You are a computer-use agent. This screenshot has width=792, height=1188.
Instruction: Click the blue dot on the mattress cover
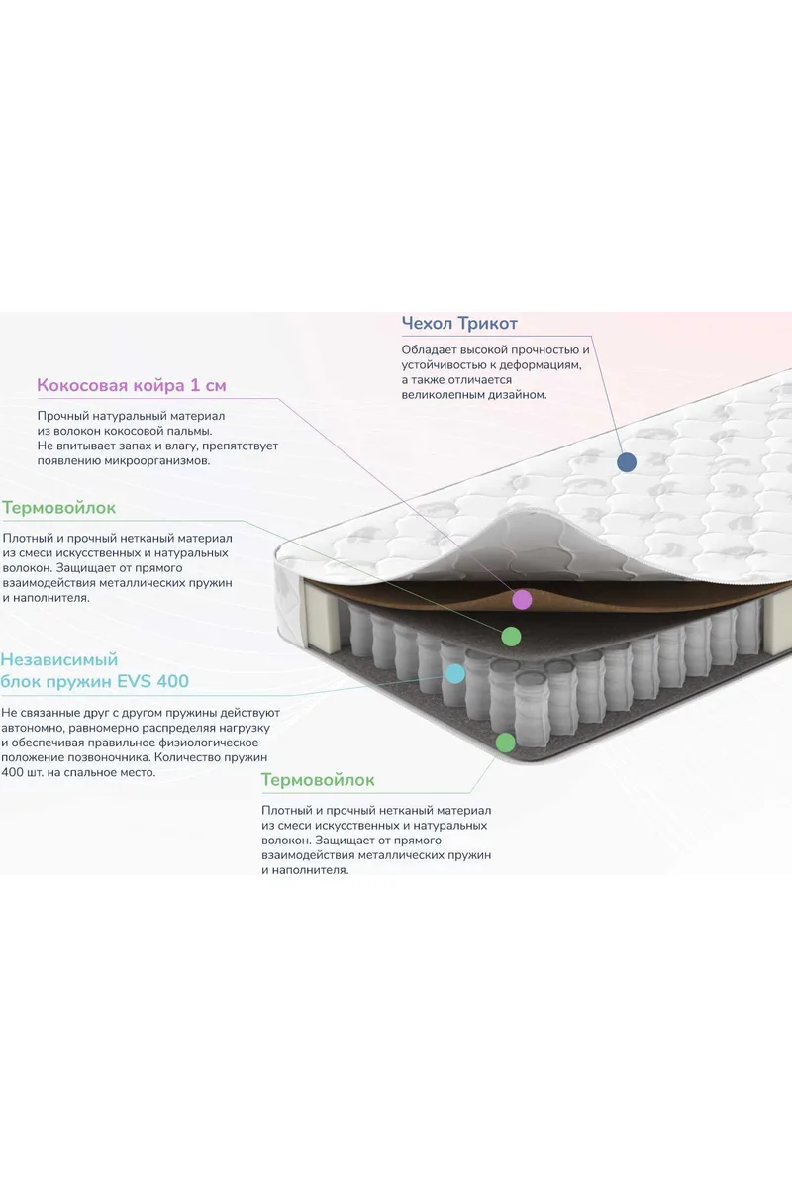point(627,462)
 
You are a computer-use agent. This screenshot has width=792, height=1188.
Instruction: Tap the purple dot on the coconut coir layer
point(522,600)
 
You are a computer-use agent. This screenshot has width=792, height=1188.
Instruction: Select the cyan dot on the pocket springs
point(455,674)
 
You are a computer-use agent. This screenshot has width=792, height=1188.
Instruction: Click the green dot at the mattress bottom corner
point(505,742)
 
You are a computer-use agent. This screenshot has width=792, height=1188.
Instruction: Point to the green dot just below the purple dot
point(511,637)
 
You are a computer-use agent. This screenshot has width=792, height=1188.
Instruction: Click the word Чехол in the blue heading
point(427,323)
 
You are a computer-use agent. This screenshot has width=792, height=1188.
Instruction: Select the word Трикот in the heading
point(487,323)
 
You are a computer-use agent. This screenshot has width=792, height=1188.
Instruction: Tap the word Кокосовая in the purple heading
point(82,385)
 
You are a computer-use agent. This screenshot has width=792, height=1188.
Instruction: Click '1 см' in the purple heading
point(208,385)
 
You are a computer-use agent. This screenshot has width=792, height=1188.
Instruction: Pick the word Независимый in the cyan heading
point(58,659)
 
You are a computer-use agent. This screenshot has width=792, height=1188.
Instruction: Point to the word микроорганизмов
point(157,461)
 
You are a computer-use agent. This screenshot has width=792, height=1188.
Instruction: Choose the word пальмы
point(192,432)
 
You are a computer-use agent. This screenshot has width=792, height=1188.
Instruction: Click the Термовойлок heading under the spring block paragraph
point(318,780)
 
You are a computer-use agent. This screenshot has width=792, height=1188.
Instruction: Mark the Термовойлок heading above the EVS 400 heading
point(58,508)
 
